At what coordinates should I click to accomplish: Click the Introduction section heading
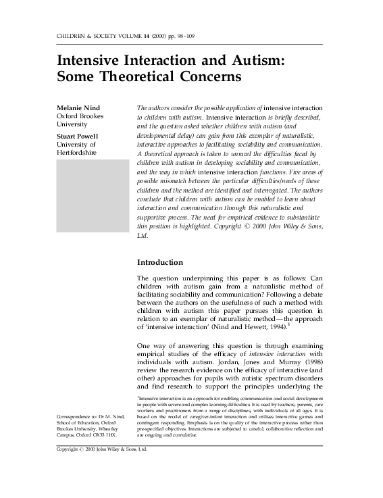click(159, 262)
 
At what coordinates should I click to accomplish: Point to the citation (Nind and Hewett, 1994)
click(251, 327)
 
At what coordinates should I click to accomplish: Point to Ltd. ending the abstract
click(143, 237)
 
